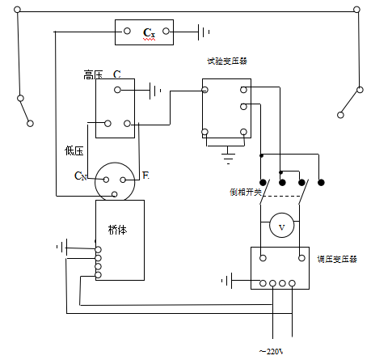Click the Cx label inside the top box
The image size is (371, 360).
pyautogui.click(x=148, y=33)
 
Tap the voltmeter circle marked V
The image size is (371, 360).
pyautogui.click(x=281, y=227)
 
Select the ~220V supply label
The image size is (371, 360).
pyautogui.click(x=271, y=351)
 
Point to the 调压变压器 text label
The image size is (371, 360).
pyautogui.click(x=337, y=259)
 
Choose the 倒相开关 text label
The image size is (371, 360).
pyautogui.click(x=243, y=192)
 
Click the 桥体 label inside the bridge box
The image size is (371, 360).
pyautogui.click(x=116, y=231)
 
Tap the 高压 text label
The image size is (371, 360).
pyautogui.click(x=94, y=75)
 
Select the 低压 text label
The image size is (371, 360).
pyautogui.click(x=74, y=150)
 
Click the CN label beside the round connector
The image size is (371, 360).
pyautogui.click(x=80, y=175)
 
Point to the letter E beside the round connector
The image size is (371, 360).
pyautogui.click(x=145, y=175)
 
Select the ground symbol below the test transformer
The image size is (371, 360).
pyautogui.click(x=228, y=153)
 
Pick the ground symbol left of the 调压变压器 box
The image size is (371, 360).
pyautogui.click(x=229, y=281)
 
